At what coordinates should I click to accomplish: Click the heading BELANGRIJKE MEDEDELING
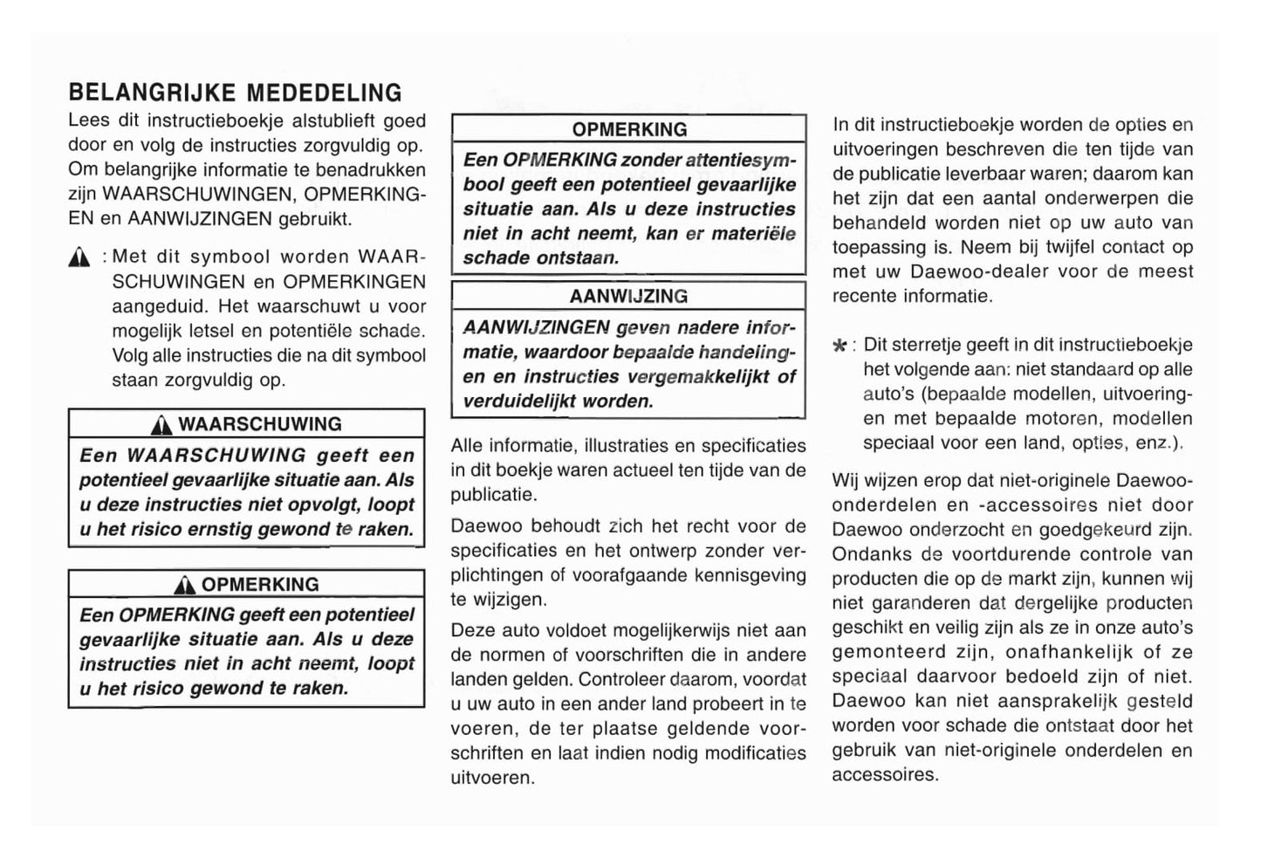point(235,93)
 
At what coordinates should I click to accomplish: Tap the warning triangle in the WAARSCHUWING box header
point(161,425)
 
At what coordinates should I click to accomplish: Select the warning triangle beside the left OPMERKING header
point(185,585)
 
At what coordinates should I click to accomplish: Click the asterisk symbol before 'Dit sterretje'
point(840,347)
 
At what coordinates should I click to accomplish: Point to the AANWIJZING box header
point(628,297)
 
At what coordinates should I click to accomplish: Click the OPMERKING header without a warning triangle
point(629,129)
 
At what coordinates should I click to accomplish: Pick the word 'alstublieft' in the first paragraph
point(333,121)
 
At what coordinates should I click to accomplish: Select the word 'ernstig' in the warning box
point(219,529)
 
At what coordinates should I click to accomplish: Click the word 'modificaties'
point(756,753)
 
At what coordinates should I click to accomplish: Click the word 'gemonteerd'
point(888,652)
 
